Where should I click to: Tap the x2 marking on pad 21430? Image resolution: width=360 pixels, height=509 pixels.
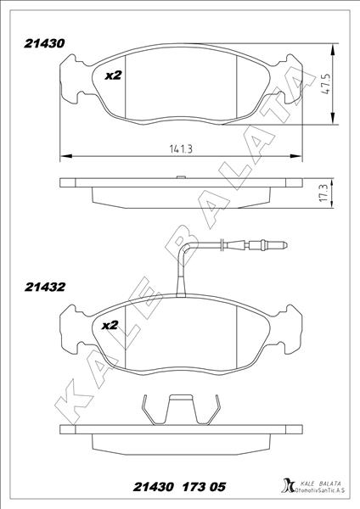[x=113, y=76]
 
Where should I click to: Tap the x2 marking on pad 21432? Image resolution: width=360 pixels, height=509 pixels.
[x=110, y=325]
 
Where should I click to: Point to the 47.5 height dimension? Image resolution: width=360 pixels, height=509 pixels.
[x=325, y=87]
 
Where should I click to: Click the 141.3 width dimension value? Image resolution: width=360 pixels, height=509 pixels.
[x=180, y=149]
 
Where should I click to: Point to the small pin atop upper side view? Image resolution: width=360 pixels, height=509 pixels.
[x=179, y=178]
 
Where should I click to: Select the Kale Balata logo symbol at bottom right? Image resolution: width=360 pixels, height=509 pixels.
[x=284, y=486]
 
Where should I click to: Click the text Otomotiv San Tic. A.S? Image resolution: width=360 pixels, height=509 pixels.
[x=321, y=491]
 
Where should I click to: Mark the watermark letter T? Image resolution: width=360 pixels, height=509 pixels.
[x=274, y=115]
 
